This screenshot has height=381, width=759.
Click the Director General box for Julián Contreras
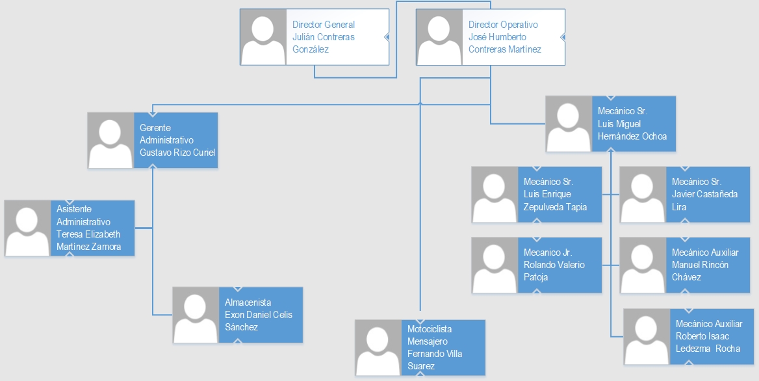point(315,36)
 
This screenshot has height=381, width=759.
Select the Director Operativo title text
point(503,25)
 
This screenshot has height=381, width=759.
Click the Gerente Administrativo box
point(152,140)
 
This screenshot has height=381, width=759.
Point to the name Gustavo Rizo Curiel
point(177,153)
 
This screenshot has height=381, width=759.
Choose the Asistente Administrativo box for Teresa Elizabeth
point(70,228)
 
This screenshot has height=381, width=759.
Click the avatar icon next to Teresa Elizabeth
point(27,228)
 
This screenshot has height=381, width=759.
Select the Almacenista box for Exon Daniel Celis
point(237,315)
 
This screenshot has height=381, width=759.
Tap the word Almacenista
point(248,302)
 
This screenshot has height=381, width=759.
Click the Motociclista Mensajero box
point(420,347)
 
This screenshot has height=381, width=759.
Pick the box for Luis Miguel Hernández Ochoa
point(610,124)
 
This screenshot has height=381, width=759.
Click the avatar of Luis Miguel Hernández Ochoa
point(569,124)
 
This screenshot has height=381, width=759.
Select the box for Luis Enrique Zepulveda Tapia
point(537,195)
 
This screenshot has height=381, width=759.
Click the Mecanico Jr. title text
point(547,252)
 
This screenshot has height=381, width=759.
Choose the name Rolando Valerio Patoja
point(554,271)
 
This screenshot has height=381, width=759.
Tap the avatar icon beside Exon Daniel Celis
point(196,315)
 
